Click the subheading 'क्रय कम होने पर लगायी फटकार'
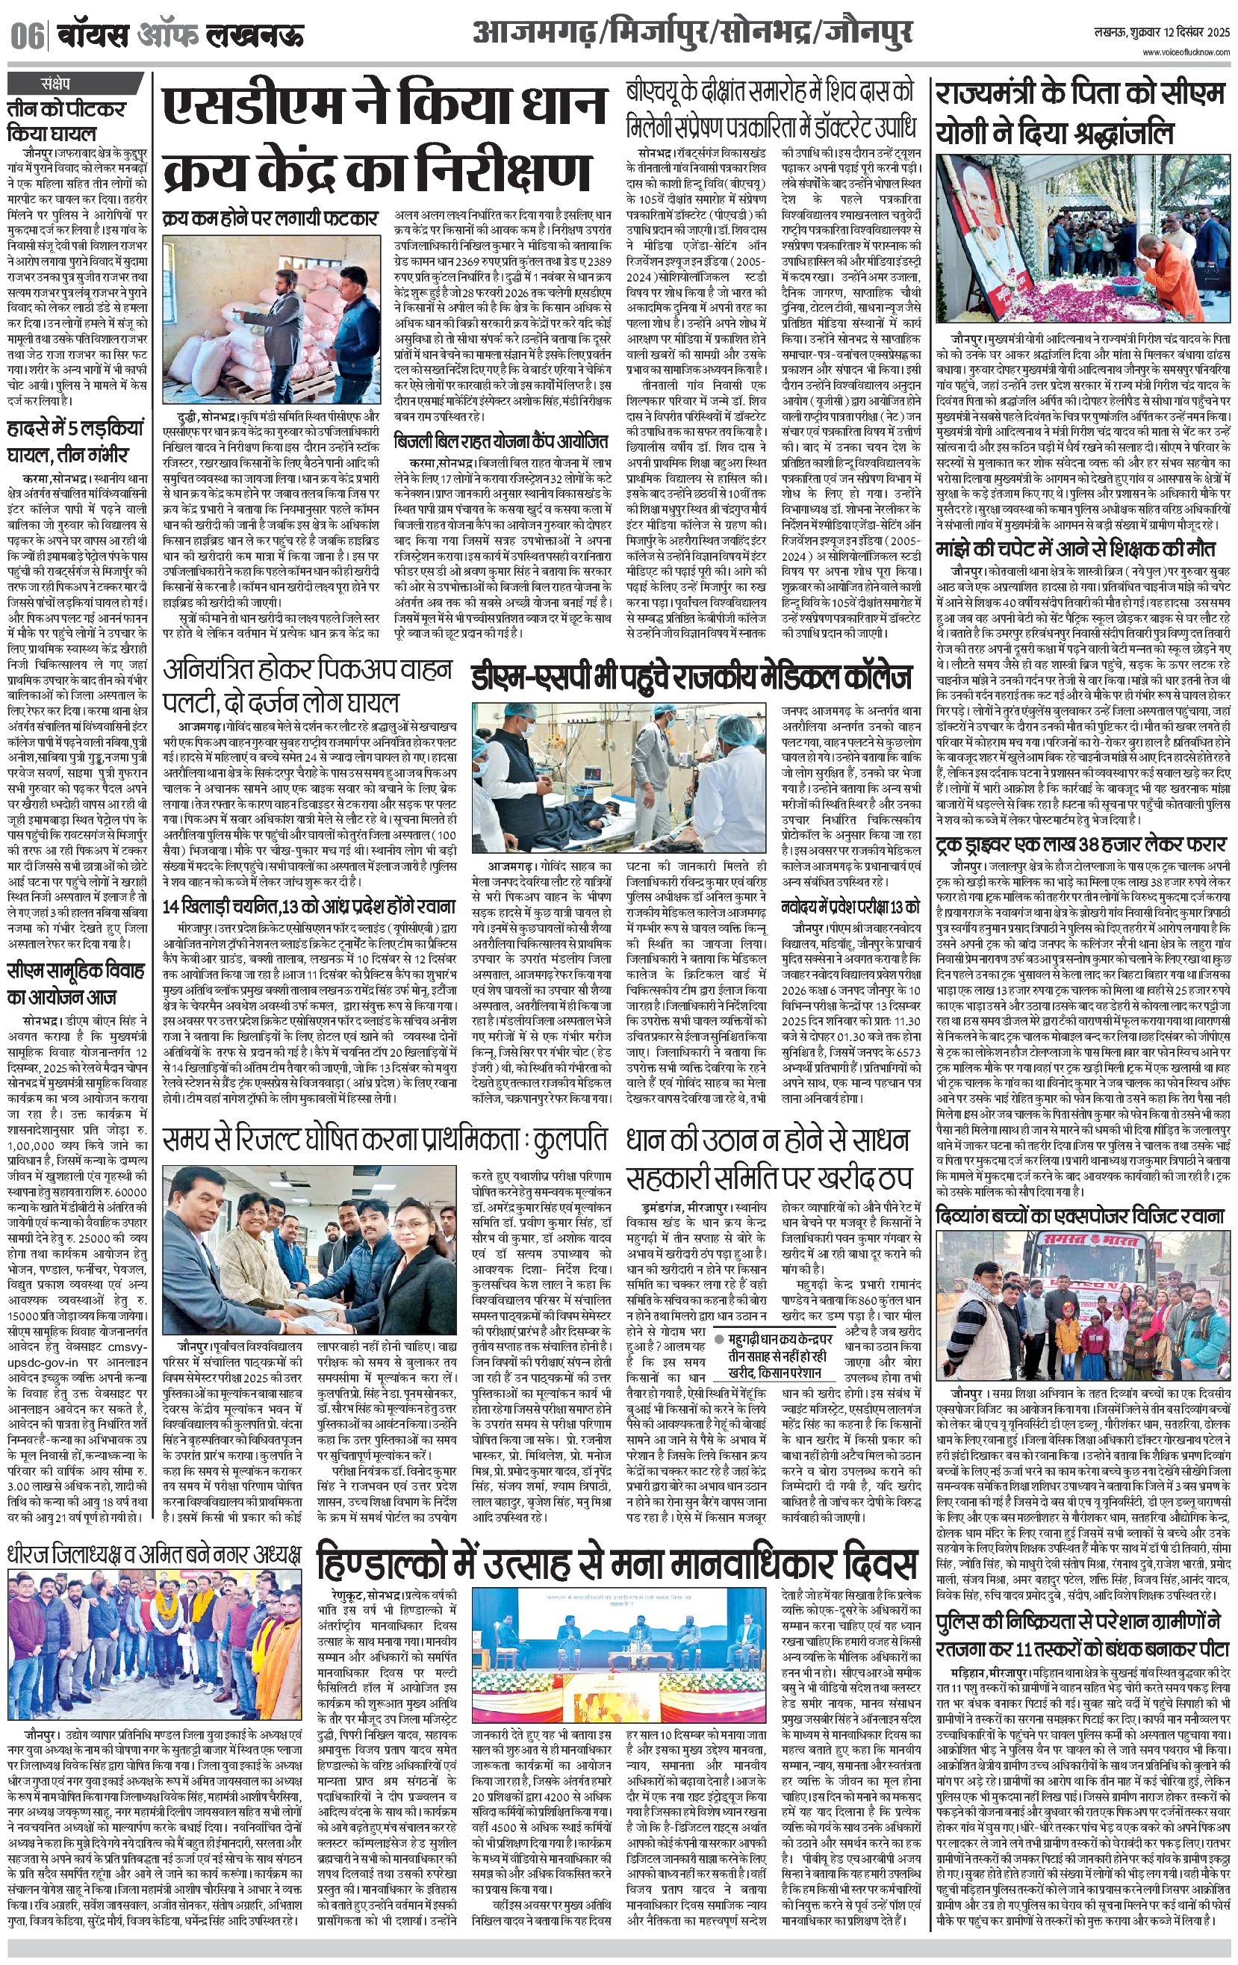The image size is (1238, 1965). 270,218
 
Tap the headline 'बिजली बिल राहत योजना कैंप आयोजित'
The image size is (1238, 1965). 501,442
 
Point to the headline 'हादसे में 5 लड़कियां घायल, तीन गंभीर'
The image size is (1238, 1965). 75,440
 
